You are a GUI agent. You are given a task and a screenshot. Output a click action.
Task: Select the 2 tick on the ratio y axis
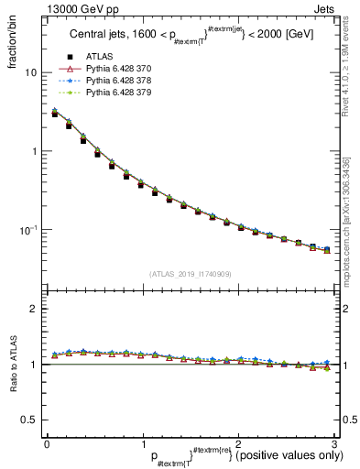click(x=33, y=309)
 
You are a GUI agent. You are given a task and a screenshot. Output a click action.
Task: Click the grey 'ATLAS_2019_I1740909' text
click(x=189, y=274)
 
